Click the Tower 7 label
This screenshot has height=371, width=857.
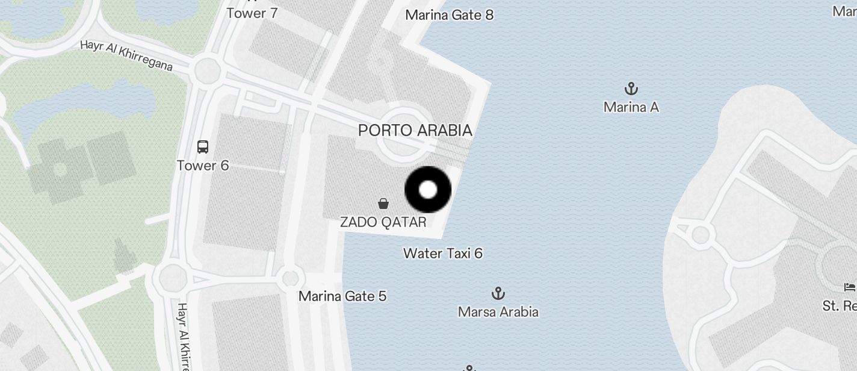252,13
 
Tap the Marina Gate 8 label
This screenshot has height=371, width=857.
449,15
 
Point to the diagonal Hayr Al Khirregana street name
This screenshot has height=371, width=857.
126,55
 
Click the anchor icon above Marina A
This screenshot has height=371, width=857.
631,90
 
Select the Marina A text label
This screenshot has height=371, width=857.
631,107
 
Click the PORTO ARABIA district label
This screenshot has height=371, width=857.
415,130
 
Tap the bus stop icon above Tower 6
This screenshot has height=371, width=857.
203,146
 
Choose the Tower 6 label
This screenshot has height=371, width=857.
203,165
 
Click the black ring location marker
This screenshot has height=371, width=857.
428,190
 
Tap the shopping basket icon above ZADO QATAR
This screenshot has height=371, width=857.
383,204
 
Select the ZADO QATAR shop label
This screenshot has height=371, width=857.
383,222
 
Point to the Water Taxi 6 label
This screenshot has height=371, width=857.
442,253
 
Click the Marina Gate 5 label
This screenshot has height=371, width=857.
342,296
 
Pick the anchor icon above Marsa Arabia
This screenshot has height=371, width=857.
498,294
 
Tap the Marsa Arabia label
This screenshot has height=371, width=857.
498,312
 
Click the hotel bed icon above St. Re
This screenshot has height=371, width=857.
850,287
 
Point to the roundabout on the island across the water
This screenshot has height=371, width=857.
700,234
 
